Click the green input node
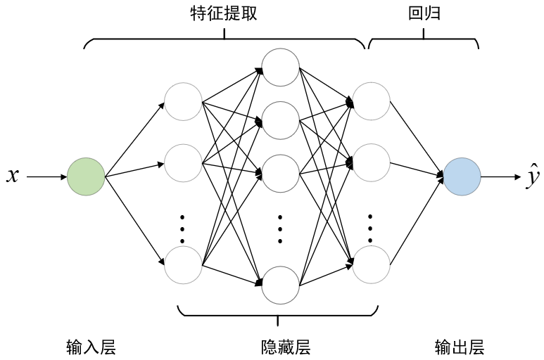coord(86,176)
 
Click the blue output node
coord(462,176)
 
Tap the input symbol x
coord(12,176)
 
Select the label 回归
coord(424,13)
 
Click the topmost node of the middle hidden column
coord(280,67)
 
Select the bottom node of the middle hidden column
coord(280,285)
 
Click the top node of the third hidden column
coord(371,101)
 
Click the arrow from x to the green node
coord(46,177)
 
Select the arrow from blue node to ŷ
coord(500,176)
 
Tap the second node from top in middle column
coord(280,120)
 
